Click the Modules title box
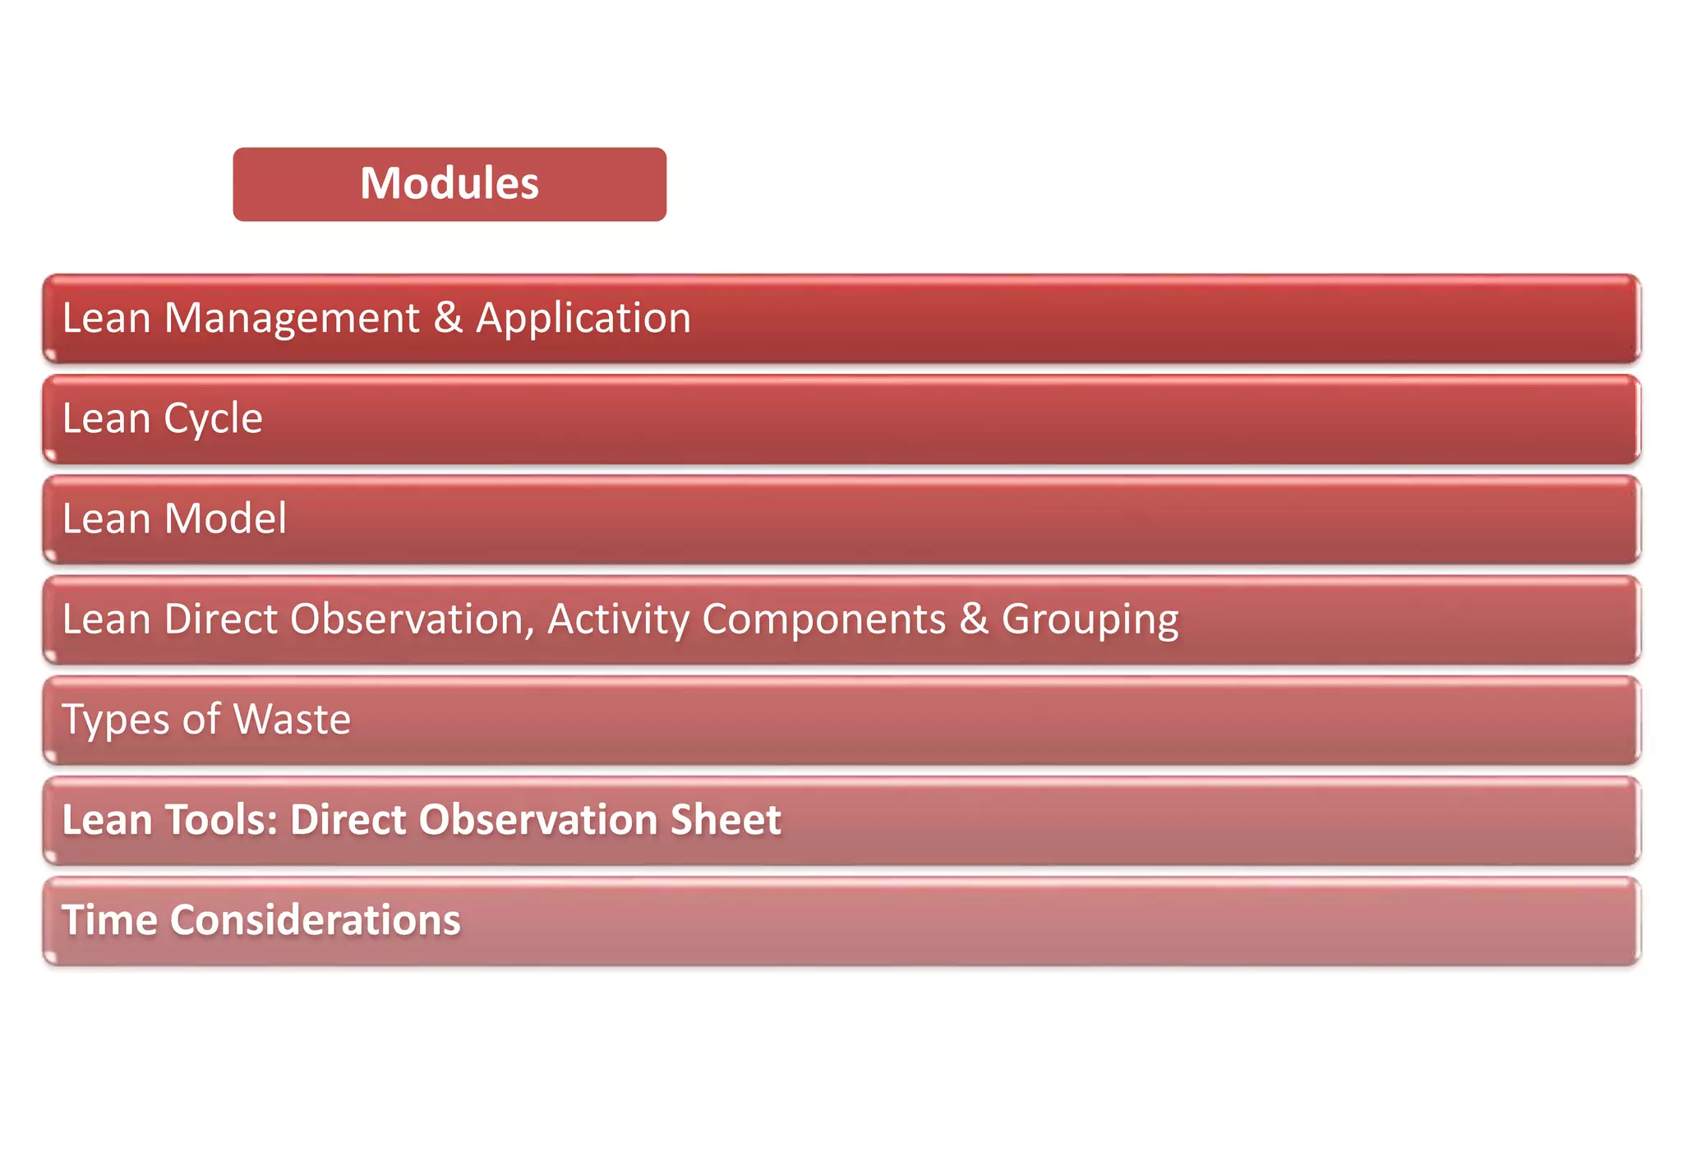click(x=449, y=184)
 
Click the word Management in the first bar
click(x=292, y=318)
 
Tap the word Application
click(x=583, y=318)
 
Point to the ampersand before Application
click(x=448, y=318)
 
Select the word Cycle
click(x=213, y=419)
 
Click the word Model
click(x=225, y=519)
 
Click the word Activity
click(x=618, y=619)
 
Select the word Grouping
click(x=1090, y=620)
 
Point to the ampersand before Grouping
click(x=974, y=619)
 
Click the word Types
click(x=116, y=720)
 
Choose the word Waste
click(x=292, y=720)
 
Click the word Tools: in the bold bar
click(x=222, y=820)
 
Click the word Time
click(x=109, y=920)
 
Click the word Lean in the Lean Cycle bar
click(x=106, y=419)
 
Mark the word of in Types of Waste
click(x=201, y=720)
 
